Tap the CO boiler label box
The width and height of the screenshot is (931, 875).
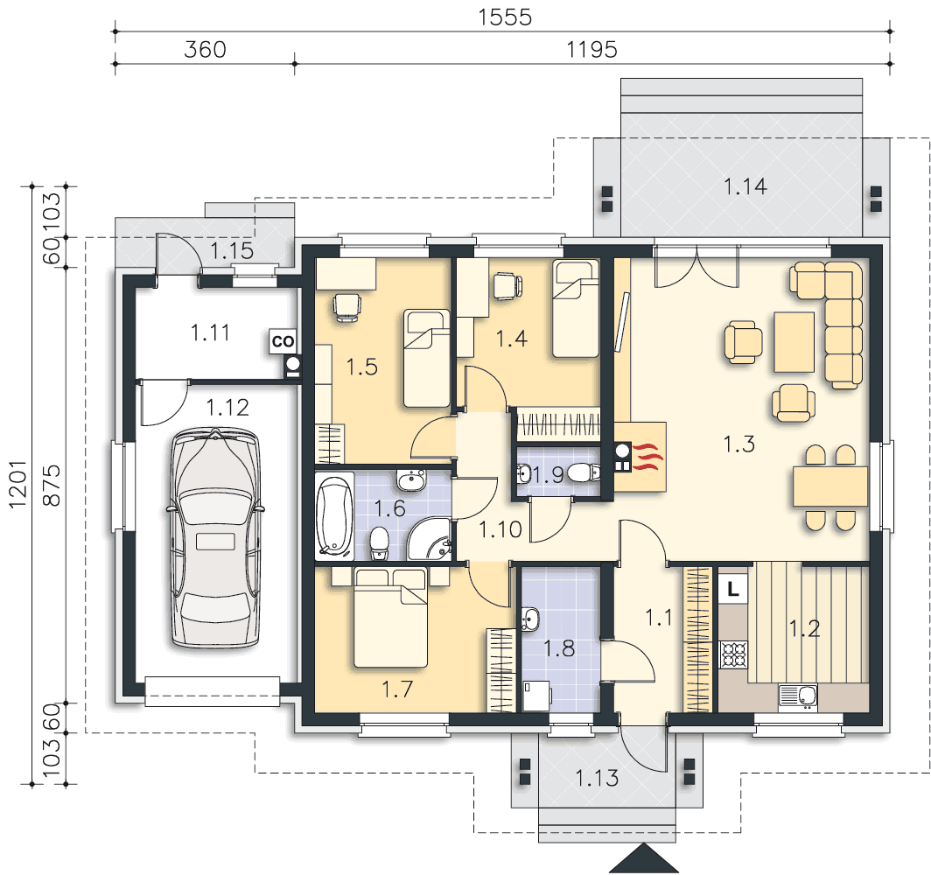pos(283,341)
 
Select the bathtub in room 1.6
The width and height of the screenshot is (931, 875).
pos(334,516)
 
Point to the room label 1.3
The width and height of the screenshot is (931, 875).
pos(738,444)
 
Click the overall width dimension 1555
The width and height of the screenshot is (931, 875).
pos(505,17)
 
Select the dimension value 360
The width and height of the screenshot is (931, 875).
pos(205,49)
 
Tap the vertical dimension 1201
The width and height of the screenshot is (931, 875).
pos(17,484)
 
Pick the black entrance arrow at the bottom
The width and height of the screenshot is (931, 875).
pos(644,858)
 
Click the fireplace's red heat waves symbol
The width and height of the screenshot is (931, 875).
pos(647,457)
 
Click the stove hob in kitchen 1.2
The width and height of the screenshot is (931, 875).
pos(734,654)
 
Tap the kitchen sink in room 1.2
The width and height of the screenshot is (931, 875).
pos(798,696)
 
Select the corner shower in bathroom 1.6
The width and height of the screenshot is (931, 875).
pos(430,538)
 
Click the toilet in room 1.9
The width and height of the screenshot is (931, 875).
pos(584,473)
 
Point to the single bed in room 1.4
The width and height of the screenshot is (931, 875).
pos(576,309)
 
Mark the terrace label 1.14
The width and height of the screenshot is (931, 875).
pos(745,187)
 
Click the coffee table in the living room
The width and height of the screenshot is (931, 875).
pos(794,342)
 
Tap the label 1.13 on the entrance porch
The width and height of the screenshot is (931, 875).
pos(597,778)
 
